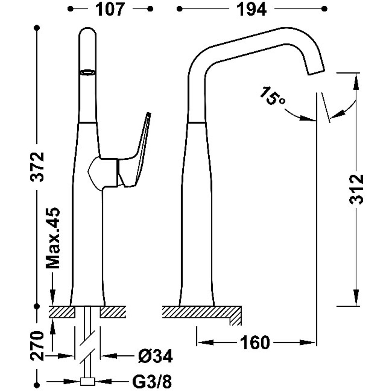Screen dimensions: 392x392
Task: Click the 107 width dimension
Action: click(x=110, y=9)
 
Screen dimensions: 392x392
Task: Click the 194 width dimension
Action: click(x=251, y=9)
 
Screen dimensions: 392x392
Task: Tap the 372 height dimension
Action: click(x=37, y=166)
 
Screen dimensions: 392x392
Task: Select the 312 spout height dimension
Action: click(x=356, y=189)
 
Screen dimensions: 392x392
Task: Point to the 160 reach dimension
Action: click(x=255, y=343)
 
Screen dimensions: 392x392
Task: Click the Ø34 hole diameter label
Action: click(x=155, y=356)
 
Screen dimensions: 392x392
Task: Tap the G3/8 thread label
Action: click(x=152, y=382)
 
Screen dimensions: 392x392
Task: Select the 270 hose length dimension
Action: click(x=37, y=346)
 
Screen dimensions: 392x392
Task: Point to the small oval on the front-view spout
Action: click(x=88, y=72)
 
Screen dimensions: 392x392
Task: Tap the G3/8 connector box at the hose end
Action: click(x=87, y=382)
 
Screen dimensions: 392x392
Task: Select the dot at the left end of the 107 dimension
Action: click(x=70, y=9)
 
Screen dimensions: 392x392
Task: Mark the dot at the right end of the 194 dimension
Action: click(x=325, y=9)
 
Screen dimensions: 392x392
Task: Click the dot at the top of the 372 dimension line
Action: click(x=37, y=27)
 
